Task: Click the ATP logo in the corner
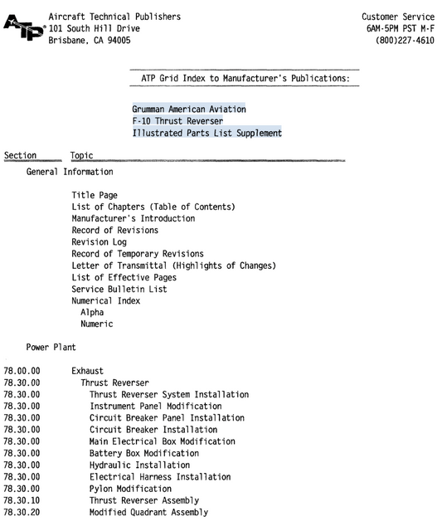[x=23, y=29]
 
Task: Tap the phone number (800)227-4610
[x=405, y=41]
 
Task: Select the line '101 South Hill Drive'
[x=94, y=29]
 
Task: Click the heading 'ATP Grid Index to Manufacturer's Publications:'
[x=244, y=80]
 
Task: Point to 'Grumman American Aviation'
[x=188, y=110]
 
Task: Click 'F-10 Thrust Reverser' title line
[x=177, y=121]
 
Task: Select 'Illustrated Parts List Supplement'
[x=206, y=133]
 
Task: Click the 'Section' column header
[x=21, y=155]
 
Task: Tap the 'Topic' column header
[x=82, y=155]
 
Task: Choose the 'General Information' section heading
[x=70, y=173]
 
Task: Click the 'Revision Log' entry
[x=103, y=242]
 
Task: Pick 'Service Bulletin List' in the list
[x=119, y=289]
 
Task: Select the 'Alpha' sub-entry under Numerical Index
[x=92, y=313]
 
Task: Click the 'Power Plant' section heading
[x=51, y=348]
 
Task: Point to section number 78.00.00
[x=22, y=371]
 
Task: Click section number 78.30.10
[x=22, y=500]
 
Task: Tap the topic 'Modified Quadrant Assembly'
[x=148, y=512]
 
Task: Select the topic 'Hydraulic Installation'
[x=139, y=465]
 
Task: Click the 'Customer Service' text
[x=398, y=17]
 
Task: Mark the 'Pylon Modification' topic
[x=130, y=489]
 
